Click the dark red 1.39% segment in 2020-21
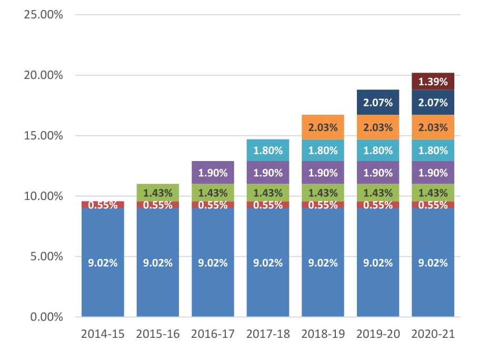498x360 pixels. point(433,82)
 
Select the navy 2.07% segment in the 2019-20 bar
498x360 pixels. point(378,103)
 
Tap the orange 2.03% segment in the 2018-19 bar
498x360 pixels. point(323,127)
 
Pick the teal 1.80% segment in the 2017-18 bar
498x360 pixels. point(268,150)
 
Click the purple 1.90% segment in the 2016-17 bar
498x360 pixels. point(213,173)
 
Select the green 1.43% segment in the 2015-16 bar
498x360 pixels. point(158,193)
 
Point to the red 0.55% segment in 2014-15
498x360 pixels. point(103,205)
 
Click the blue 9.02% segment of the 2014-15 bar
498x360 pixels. point(103,263)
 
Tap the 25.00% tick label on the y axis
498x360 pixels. point(44,15)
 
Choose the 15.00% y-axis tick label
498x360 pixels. point(44,136)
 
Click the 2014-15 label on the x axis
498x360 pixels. point(103,334)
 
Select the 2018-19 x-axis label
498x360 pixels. point(323,334)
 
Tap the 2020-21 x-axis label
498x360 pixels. point(433,334)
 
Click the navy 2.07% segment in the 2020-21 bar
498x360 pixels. point(433,103)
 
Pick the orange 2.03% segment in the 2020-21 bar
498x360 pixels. point(433,127)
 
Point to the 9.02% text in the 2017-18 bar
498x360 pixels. point(268,263)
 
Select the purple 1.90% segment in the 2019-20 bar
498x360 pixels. point(378,173)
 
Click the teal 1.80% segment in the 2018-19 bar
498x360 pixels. point(323,150)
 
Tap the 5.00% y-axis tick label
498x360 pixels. point(46,256)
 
